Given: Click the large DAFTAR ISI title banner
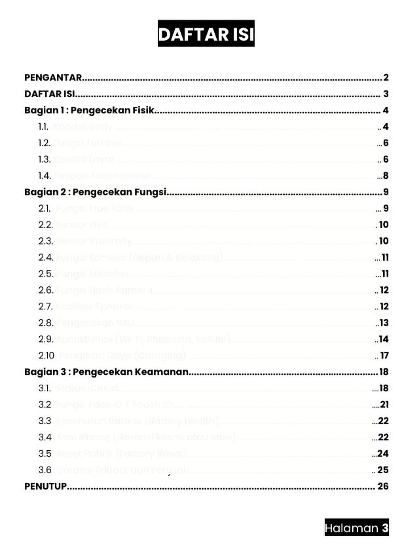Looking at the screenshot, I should coord(206,34).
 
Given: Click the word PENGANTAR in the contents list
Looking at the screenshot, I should coord(52,77).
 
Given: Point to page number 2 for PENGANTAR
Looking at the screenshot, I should coord(386,77).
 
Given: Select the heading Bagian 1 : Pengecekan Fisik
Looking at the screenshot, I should coord(88,110).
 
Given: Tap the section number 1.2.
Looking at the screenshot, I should coord(44,143).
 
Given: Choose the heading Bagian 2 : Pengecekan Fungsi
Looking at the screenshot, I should coord(95,192).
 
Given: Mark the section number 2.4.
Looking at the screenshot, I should coord(45,258).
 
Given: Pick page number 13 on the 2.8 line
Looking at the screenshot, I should coord(384,323).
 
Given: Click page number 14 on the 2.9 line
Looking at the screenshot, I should coord(384,339).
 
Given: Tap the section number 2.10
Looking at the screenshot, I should coord(46,356).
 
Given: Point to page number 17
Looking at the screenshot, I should coord(384,356).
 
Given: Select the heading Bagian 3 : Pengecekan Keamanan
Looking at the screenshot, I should coord(106,372).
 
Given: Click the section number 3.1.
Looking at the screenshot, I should coord(45,389).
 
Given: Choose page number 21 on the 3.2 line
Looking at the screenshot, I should coord(384,405).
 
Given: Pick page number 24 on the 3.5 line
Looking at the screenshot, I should coord(383,453).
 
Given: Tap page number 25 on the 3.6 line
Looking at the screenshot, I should coord(383,470).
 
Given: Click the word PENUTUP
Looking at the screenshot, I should coord(45,486).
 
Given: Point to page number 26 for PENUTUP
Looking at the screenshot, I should coord(383,486).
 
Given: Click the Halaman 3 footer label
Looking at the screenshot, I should coord(357,528).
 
